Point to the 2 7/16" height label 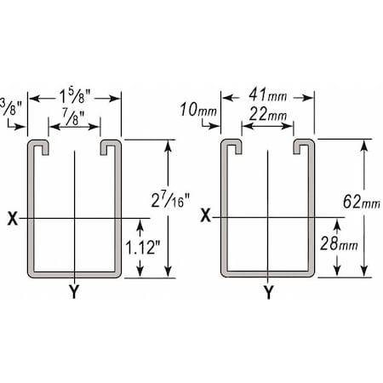click(170, 200)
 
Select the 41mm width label click(267, 95)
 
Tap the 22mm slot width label click(267, 114)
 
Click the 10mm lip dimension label click(198, 109)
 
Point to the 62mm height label click(361, 202)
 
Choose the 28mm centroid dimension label click(339, 243)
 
